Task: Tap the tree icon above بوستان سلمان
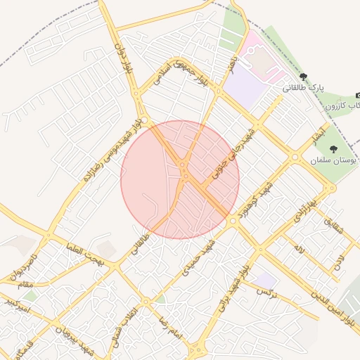333,148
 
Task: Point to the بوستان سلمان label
333,160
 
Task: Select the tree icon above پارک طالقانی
303,77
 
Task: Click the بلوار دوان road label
128,62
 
